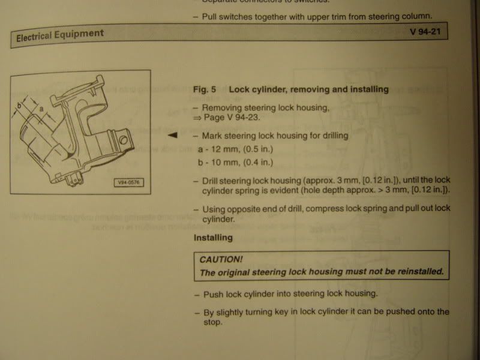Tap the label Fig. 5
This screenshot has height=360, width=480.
pos(204,89)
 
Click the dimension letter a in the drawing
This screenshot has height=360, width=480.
pos(41,109)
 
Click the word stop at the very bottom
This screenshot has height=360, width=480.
pos(213,323)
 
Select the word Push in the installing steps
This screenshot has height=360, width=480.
pos(213,295)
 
